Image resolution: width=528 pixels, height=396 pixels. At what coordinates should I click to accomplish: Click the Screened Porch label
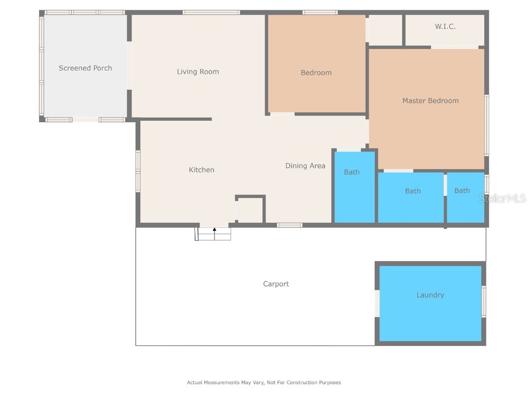pyautogui.click(x=85, y=68)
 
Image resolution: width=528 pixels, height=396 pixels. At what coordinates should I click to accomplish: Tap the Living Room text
pyautogui.click(x=198, y=72)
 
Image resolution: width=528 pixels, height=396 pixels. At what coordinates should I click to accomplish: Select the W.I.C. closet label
pyautogui.click(x=445, y=26)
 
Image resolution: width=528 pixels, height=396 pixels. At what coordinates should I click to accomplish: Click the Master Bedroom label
pyautogui.click(x=431, y=101)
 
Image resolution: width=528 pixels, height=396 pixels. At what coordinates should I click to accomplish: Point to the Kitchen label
pyautogui.click(x=202, y=170)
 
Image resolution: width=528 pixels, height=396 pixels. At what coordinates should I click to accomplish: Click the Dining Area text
pyautogui.click(x=305, y=166)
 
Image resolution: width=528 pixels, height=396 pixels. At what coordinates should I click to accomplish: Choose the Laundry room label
pyautogui.click(x=430, y=295)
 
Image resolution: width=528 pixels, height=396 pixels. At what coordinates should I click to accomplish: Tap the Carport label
pyautogui.click(x=276, y=284)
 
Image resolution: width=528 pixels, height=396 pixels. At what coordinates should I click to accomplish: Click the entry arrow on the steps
pyautogui.click(x=214, y=230)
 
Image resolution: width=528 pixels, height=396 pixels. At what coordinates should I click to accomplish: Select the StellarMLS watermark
pyautogui.click(x=502, y=199)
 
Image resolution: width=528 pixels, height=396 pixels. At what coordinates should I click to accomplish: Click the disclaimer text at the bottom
pyautogui.click(x=263, y=383)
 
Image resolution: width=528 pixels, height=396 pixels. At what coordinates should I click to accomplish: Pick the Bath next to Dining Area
pyautogui.click(x=352, y=172)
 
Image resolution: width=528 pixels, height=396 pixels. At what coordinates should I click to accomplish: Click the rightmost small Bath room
pyautogui.click(x=462, y=191)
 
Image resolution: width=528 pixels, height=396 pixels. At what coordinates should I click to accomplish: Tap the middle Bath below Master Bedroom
pyautogui.click(x=412, y=191)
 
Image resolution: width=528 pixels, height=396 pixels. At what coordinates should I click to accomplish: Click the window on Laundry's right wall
pyautogui.click(x=484, y=301)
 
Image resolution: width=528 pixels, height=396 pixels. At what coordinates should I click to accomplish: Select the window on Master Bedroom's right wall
pyautogui.click(x=487, y=125)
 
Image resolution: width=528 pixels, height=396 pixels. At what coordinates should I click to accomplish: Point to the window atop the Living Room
pyautogui.click(x=211, y=12)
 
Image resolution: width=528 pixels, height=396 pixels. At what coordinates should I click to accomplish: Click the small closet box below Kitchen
pyautogui.click(x=251, y=210)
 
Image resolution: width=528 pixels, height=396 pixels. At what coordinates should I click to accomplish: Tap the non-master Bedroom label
pyautogui.click(x=316, y=73)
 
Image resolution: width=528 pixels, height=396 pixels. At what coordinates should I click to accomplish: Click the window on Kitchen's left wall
pyautogui.click(x=138, y=171)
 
